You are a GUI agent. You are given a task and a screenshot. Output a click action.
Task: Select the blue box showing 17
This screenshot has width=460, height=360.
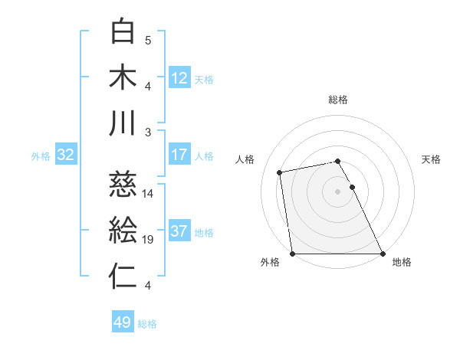(x=179, y=155)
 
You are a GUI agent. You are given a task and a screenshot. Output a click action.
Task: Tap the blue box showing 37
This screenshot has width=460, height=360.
(x=179, y=232)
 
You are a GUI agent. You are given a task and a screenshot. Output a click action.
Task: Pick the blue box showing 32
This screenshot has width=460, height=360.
(x=66, y=155)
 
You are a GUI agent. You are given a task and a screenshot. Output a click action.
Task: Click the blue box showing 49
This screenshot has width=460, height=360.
(x=123, y=322)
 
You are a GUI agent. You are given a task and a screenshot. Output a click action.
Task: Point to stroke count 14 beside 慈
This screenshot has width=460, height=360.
(x=148, y=193)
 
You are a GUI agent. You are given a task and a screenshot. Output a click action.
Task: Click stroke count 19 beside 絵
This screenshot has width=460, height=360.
(x=148, y=240)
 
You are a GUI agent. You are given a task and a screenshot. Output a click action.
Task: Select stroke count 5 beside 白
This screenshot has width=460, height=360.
(x=148, y=40)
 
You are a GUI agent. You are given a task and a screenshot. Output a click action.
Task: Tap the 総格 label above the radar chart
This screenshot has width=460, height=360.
(x=338, y=100)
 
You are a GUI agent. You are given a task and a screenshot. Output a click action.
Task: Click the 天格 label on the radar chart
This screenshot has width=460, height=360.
(x=431, y=159)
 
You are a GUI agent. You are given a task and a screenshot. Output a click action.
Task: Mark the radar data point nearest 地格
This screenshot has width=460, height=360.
(x=383, y=254)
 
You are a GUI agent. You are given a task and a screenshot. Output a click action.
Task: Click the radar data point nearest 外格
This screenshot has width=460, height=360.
(x=293, y=254)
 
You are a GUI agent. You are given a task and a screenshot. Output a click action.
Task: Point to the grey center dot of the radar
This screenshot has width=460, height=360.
(x=338, y=191)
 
